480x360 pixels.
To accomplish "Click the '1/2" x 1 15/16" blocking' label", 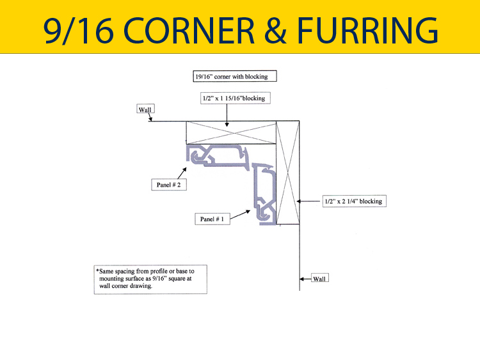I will (x=232, y=98).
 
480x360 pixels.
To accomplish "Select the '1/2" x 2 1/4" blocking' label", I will (x=353, y=201).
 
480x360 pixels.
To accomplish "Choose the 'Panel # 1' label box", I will (x=212, y=219).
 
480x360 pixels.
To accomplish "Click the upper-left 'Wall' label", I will (x=145, y=110).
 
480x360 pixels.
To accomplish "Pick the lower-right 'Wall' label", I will (x=319, y=279).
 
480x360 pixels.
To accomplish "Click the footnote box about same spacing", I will (x=150, y=279).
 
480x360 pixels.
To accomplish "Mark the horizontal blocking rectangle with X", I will (x=230, y=133).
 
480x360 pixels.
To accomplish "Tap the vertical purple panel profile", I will (x=264, y=194).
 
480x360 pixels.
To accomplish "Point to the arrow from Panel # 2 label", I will (x=182, y=173).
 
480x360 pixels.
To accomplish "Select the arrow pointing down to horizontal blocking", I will (x=227, y=113).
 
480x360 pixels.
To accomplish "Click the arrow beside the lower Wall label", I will (x=305, y=279).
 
